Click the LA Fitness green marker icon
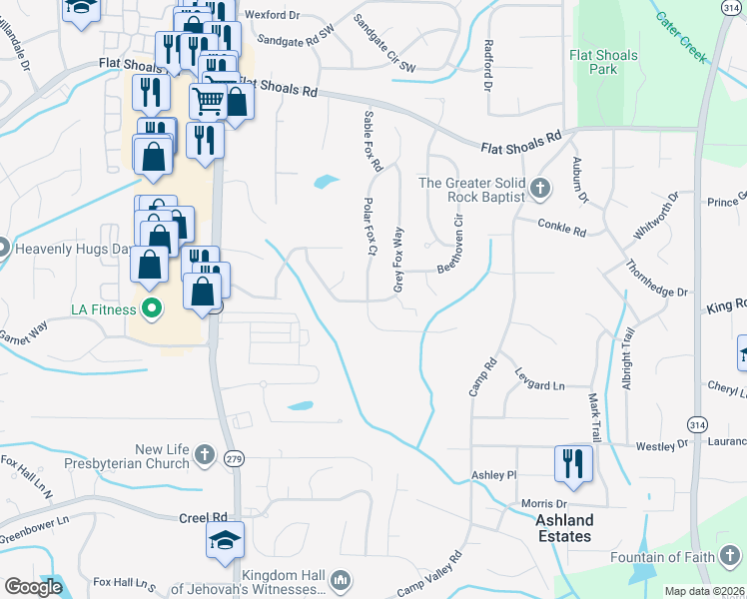pyautogui.click(x=152, y=308)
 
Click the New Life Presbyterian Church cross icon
pyautogui.click(x=205, y=455)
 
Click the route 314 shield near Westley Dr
pyautogui.click(x=695, y=425)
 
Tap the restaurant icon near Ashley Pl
pyautogui.click(x=573, y=462)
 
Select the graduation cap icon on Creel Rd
pyautogui.click(x=225, y=542)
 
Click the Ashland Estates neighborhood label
pyautogui.click(x=564, y=528)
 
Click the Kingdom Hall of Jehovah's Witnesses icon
pyautogui.click(x=340, y=579)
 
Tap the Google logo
pyautogui.click(x=33, y=587)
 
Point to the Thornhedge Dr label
pyautogui.click(x=656, y=279)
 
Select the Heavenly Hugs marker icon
pyautogui.click(x=3, y=247)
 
